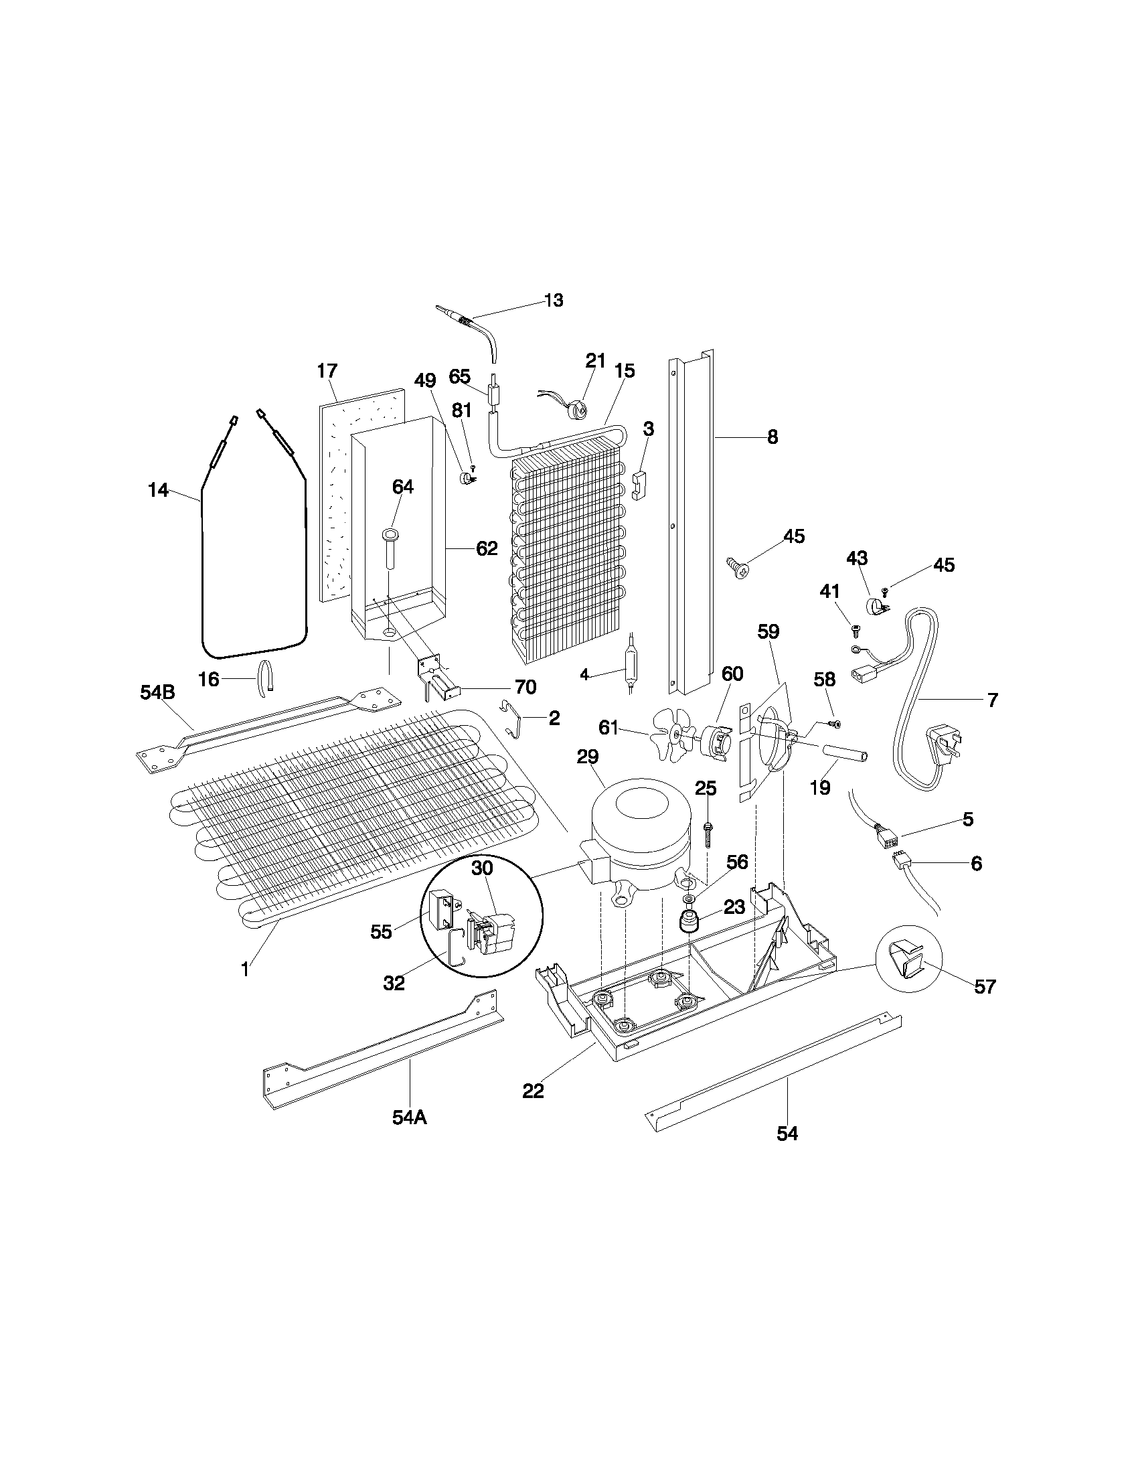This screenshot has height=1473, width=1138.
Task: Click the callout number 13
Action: coord(553,301)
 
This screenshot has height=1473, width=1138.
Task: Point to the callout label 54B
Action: coord(158,692)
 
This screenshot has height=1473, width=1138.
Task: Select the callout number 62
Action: coord(486,549)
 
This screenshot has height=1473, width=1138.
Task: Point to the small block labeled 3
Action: coord(639,485)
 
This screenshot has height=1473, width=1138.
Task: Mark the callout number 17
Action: coord(327,371)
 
